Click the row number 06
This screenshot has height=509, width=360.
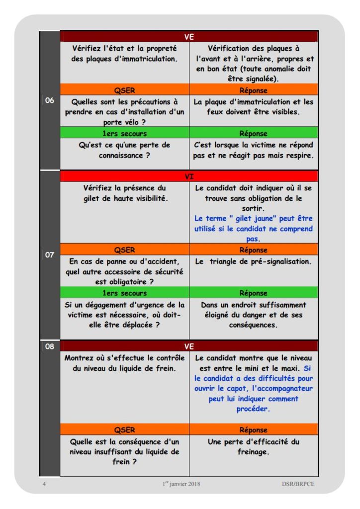[50, 101]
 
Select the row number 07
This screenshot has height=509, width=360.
[50, 258]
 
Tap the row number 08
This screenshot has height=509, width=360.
[50, 346]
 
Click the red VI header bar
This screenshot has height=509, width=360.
[189, 176]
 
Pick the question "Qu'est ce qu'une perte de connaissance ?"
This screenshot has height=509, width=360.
[124, 150]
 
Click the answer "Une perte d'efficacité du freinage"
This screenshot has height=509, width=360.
[254, 446]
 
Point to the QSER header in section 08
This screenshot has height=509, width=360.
[124, 430]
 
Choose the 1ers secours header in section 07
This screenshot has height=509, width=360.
[124, 293]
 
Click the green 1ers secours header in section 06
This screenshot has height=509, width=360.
[124, 134]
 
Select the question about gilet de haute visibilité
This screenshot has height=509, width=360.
[124, 193]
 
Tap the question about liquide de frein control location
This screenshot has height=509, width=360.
[124, 363]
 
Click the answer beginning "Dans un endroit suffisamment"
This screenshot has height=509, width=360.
[254, 315]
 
